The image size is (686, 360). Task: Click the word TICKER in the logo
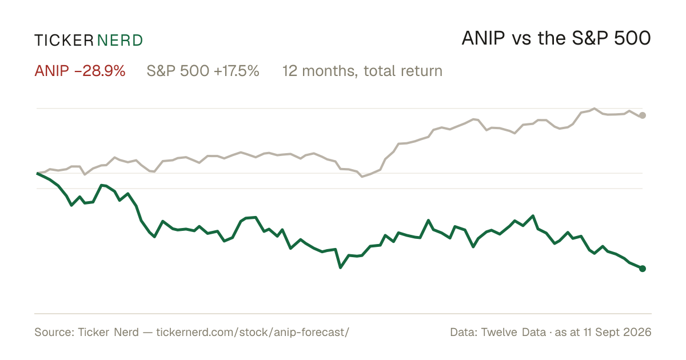[64, 41]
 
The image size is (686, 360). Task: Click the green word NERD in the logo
[120, 41]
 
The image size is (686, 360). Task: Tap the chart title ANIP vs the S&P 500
[556, 38]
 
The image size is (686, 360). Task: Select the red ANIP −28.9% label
[80, 71]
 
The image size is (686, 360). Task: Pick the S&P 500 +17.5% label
[203, 71]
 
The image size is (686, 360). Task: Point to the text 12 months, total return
[362, 71]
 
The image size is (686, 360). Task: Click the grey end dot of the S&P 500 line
[643, 115]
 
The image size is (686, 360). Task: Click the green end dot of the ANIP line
[643, 269]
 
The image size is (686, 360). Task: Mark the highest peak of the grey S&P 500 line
[595, 109]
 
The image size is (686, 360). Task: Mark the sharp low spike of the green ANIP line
[341, 267]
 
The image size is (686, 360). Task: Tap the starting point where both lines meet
[37, 173]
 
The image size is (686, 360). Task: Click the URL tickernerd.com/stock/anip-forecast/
[253, 332]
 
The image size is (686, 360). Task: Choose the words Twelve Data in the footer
[513, 332]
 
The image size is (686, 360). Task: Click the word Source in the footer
[53, 332]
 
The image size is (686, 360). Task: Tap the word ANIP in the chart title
[483, 38]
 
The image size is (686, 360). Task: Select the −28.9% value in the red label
[100, 71]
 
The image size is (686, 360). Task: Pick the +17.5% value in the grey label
[237, 71]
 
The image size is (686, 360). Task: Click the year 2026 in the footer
[638, 332]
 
